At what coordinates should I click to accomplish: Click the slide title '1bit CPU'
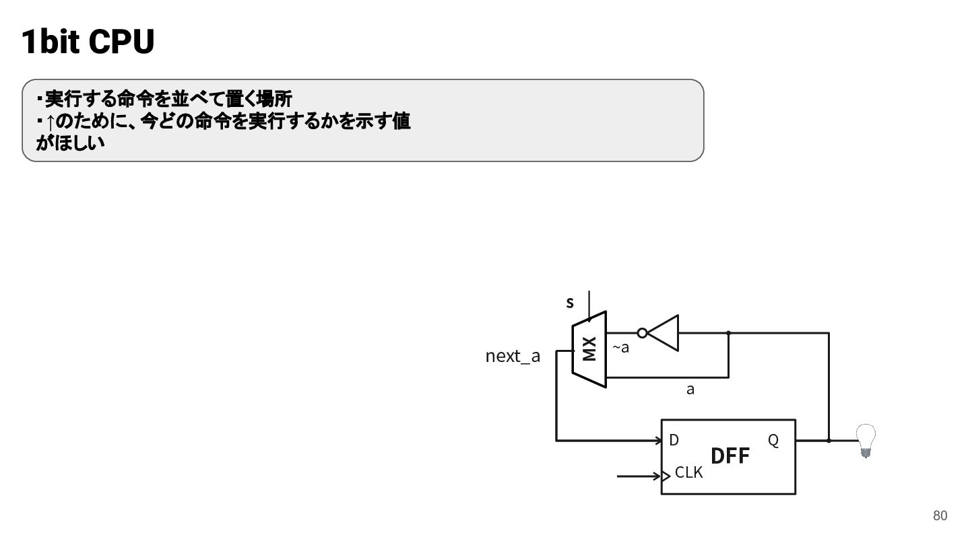88,42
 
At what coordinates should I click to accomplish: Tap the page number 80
940,515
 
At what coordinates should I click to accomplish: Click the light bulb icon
866,440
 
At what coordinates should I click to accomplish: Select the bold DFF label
730,456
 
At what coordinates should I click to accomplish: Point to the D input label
674,440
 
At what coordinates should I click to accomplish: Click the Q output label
773,440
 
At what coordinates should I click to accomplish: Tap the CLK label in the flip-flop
688,472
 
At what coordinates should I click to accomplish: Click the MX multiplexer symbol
589,349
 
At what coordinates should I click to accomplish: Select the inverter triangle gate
663,333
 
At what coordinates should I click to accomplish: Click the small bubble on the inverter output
642,333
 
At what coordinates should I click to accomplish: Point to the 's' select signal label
570,302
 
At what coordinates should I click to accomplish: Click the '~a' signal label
620,347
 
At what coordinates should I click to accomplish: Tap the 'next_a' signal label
513,356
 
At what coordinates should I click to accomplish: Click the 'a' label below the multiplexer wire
690,390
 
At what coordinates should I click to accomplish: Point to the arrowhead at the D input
659,441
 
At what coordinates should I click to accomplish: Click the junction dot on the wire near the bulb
829,441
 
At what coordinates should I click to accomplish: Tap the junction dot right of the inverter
728,333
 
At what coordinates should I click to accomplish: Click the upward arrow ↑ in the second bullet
51,122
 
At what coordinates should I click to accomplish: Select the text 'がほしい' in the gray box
70,143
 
